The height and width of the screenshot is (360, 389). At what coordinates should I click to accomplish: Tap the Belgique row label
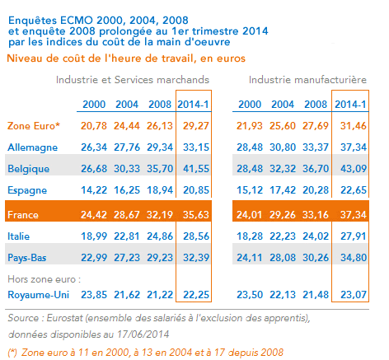[28, 168]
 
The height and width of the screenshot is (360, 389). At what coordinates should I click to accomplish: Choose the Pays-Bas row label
[29, 257]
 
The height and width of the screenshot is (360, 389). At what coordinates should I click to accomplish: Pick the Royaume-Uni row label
[36, 294]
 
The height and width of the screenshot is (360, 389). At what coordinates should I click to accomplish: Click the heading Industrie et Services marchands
[133, 80]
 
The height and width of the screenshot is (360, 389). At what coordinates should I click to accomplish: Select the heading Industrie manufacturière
[307, 80]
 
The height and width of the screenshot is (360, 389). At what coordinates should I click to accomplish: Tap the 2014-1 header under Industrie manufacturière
[352, 105]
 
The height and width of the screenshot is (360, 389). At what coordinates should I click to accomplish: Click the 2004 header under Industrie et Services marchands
[126, 105]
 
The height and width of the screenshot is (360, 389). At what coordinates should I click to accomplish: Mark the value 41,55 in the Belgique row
[194, 168]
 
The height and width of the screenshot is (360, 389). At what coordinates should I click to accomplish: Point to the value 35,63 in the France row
[194, 214]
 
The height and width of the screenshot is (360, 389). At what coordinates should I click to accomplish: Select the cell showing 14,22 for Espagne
[94, 189]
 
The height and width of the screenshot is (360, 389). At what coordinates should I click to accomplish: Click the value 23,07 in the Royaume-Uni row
[352, 294]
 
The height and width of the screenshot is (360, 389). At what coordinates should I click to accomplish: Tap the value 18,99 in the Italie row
[94, 236]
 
